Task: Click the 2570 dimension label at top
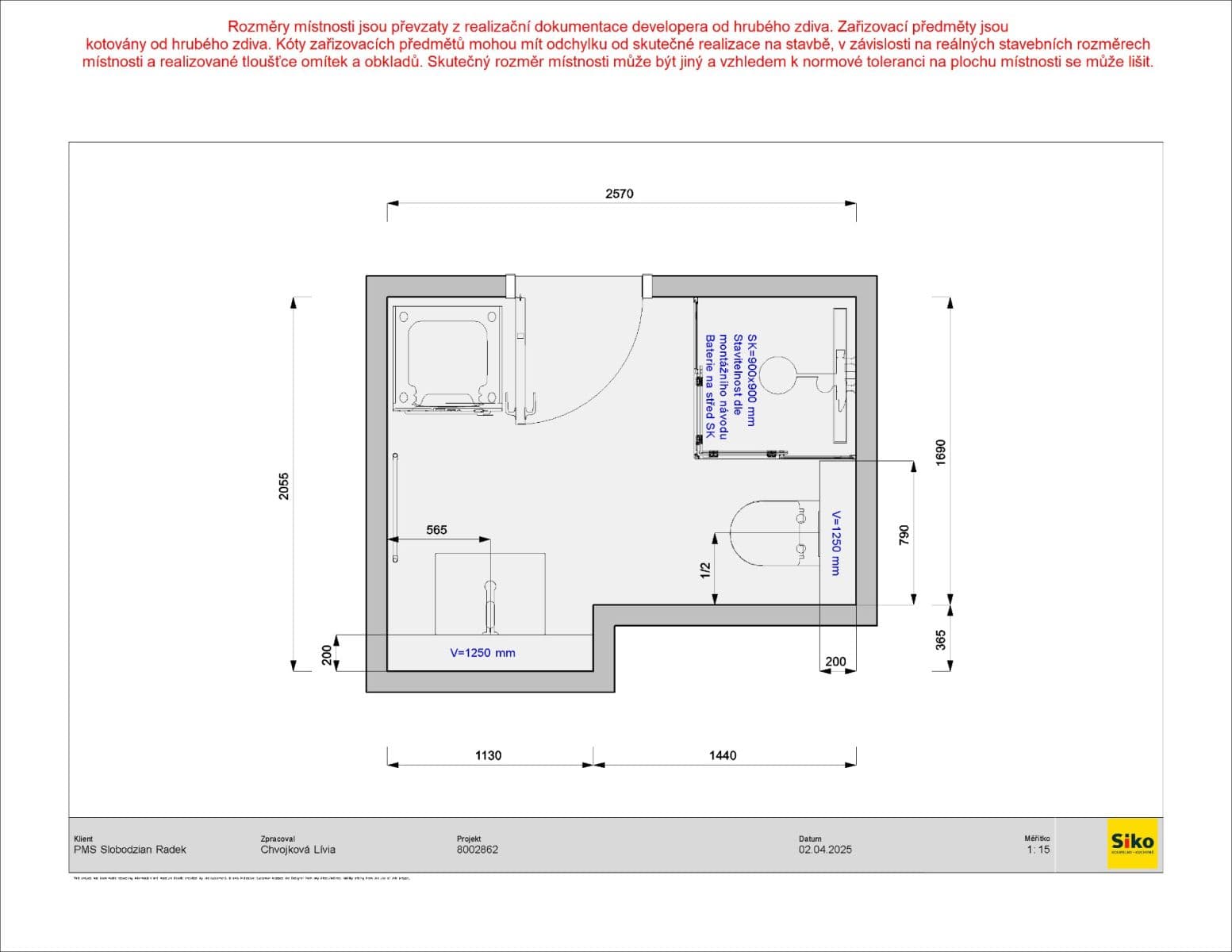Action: pos(619,194)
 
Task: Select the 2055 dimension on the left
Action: pos(284,486)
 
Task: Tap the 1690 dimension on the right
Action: pos(941,451)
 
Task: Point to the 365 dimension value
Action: pos(941,639)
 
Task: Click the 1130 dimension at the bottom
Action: pos(488,755)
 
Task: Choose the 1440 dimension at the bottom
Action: pos(722,755)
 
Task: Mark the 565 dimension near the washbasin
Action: pos(436,530)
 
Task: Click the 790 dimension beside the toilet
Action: pos(904,535)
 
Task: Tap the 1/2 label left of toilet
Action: pos(704,570)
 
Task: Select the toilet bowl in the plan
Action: pos(766,532)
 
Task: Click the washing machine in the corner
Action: pos(448,359)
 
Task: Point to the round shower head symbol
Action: pos(778,374)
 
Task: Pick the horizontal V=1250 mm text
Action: pos(482,653)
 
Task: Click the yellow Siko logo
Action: pos(1132,843)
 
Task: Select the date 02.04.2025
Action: pos(825,850)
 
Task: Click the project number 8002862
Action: pos(478,850)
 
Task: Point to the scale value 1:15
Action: pos(1038,850)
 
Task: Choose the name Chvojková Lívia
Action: pos(297,850)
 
